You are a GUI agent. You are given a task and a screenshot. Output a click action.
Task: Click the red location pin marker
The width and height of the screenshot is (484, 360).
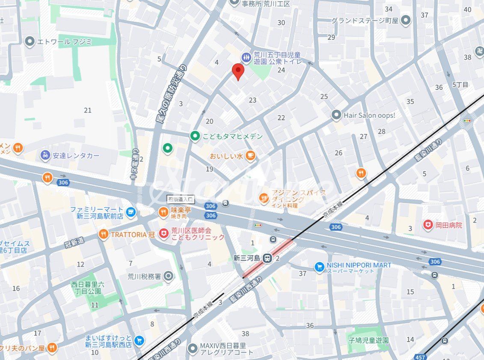pos(238,71)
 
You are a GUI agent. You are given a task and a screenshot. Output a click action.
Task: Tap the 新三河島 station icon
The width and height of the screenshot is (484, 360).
pos(267,258)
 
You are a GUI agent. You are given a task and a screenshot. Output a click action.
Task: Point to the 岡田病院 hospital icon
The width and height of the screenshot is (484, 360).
pos(428,225)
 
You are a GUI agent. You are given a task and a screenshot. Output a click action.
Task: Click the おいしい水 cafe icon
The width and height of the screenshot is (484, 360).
pos(251,156)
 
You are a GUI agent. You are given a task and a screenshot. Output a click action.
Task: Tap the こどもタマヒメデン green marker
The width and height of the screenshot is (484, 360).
pos(195,136)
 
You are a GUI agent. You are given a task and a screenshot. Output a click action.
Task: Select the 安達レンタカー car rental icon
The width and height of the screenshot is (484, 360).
pos(45,155)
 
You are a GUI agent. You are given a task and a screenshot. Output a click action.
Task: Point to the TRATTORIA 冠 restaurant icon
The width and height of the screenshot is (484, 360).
pos(103,234)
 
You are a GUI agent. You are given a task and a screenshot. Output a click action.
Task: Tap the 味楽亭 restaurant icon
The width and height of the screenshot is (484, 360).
pos(163,211)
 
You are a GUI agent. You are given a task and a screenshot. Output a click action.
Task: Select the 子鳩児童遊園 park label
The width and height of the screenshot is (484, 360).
pos(368,341)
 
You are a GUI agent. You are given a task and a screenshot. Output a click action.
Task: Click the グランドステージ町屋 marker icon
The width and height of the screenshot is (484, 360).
pos(406,20)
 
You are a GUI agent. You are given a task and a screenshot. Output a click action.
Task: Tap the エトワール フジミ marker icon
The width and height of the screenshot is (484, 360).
pos(30,42)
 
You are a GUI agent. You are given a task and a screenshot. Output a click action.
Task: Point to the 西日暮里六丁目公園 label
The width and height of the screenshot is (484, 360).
pos(87,288)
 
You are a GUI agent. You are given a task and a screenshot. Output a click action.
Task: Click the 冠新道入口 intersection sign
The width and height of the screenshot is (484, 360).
pos(180,199)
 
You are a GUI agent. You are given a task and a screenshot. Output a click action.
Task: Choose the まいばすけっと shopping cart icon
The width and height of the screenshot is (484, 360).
pos(139,341)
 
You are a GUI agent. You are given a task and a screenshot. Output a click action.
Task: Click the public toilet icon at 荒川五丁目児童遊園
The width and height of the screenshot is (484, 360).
pos(246,57)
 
